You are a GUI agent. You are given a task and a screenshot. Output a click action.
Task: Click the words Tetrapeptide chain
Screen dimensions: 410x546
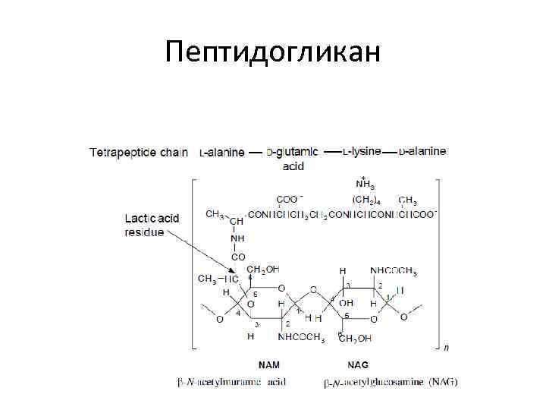pos(139,152)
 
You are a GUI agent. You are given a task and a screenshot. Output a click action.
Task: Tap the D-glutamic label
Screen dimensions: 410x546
pos(293,152)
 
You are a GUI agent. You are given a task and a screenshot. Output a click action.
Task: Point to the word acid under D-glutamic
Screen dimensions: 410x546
pos(293,165)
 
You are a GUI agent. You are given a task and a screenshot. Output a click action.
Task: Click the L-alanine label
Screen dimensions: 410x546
pos(222,152)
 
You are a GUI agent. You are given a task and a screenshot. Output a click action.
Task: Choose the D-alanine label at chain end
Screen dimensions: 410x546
pos(424,151)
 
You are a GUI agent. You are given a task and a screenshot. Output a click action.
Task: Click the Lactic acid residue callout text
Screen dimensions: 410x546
pos(152,225)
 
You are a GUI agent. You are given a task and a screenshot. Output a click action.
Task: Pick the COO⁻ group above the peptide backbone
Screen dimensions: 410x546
pos(288,200)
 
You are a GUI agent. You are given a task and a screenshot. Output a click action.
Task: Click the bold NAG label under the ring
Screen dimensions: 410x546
pos(358,365)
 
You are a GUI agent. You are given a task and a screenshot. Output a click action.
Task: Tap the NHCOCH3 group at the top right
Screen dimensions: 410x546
pos(393,270)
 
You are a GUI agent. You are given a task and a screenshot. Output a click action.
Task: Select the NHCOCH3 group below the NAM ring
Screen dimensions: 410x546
pos(301,337)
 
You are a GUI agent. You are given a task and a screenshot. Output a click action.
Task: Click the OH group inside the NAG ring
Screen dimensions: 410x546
pos(346,303)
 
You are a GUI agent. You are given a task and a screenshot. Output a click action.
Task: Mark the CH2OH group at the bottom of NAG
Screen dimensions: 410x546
pos(355,338)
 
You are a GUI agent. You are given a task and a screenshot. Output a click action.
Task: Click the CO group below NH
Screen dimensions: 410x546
pos(238,257)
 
